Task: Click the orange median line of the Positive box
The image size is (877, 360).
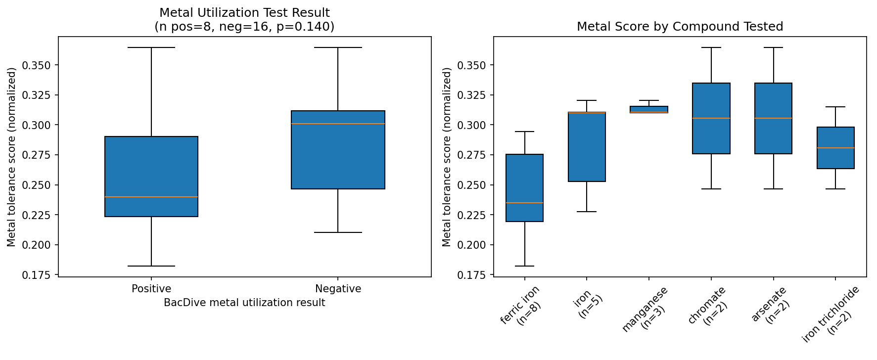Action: pyautogui.click(x=151, y=197)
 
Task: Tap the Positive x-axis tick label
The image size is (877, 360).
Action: pyautogui.click(x=151, y=289)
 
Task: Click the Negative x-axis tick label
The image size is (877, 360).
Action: pyautogui.click(x=338, y=289)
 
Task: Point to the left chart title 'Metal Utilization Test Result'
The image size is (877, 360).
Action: pyautogui.click(x=244, y=13)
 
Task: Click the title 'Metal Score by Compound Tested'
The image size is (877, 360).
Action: pyautogui.click(x=680, y=27)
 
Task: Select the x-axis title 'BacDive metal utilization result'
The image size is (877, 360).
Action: pyautogui.click(x=244, y=303)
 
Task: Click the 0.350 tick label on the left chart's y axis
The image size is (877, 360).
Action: pyautogui.click(x=37, y=65)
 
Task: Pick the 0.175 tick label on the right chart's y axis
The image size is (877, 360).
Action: pyautogui.click(x=472, y=275)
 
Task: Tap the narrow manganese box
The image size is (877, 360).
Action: pyautogui.click(x=648, y=109)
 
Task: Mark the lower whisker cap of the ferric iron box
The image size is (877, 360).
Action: pyautogui.click(x=524, y=266)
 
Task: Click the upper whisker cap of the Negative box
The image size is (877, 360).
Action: pyautogui.click(x=338, y=47)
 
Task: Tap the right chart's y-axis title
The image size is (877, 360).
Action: pyautogui.click(x=447, y=157)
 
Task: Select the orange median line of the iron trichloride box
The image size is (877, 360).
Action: pyautogui.click(x=835, y=148)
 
